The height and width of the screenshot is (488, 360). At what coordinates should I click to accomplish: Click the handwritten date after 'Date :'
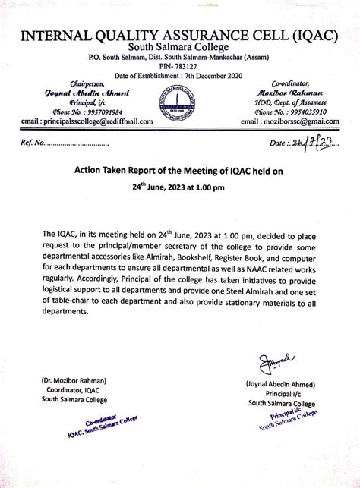pos(311,142)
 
